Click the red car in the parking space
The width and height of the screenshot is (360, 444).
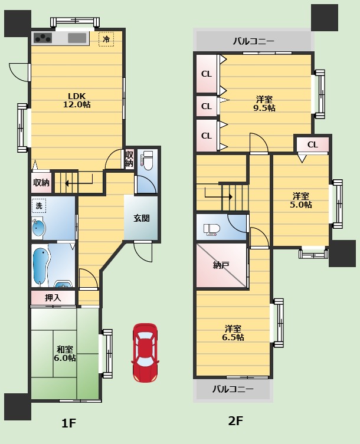[144, 353]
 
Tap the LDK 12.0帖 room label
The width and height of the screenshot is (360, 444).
[77, 100]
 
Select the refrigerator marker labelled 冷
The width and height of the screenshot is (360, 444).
[106, 39]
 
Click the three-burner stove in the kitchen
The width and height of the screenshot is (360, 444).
[43, 38]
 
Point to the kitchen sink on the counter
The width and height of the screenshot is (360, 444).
[77, 38]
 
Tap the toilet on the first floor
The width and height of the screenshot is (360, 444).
[147, 160]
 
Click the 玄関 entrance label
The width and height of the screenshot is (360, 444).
[142, 218]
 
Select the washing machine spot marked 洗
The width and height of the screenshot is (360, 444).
[39, 206]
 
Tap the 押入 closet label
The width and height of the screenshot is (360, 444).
[53, 298]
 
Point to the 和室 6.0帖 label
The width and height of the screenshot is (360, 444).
[65, 353]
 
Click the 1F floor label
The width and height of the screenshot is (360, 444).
[68, 423]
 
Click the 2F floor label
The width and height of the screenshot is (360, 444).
[235, 421]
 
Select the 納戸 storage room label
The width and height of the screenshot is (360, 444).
[221, 265]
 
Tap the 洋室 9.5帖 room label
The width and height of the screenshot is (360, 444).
[264, 104]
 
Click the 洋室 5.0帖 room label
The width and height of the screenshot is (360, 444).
[301, 200]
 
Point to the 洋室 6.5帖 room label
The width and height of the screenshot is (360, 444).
[233, 333]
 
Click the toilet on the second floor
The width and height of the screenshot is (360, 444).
[212, 229]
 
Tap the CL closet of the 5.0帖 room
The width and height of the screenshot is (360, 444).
[313, 144]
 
